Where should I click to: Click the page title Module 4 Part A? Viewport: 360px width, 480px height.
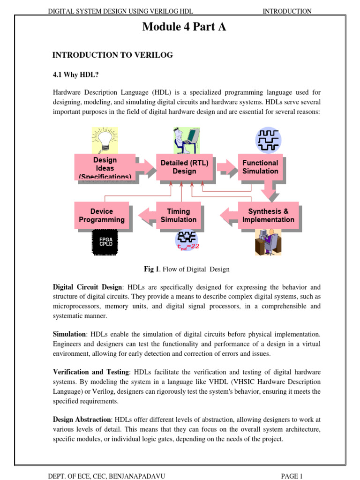pos(184,27)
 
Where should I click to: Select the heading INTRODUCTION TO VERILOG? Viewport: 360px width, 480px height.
pos(112,55)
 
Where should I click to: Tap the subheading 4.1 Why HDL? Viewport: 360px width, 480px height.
pos(75,75)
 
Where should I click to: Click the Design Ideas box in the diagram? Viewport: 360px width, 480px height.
pos(105,167)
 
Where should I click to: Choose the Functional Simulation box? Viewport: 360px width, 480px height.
pos(260,167)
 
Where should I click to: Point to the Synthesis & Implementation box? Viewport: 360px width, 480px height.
pos(268,215)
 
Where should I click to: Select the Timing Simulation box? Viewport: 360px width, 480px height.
pos(179,215)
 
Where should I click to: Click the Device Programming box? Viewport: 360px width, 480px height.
pos(102,215)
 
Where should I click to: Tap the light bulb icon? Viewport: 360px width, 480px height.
pos(104,139)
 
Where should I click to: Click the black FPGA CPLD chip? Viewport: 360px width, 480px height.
pos(105,242)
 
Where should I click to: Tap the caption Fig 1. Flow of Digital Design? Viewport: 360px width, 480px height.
pos(186,270)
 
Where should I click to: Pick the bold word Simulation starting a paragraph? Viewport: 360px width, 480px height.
pos(69,334)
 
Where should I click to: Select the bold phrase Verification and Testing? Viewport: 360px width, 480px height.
pos(90,372)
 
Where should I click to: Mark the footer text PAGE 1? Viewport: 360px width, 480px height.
pos(292,476)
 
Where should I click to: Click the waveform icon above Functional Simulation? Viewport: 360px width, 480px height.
pos(268,139)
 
